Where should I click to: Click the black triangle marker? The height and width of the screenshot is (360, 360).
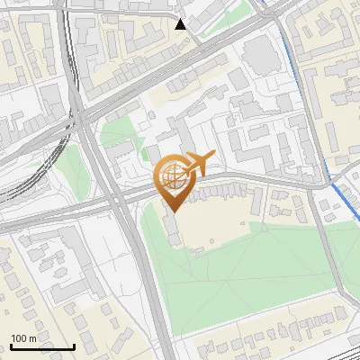click(182, 24)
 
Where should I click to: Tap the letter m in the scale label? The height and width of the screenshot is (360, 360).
click(33, 338)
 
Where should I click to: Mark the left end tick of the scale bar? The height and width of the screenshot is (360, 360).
click(10, 346)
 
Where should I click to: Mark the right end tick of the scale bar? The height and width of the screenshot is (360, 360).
click(75, 346)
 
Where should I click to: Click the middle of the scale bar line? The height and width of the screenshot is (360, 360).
click(42, 347)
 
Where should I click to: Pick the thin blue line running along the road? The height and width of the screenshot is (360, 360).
click(285, 54)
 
